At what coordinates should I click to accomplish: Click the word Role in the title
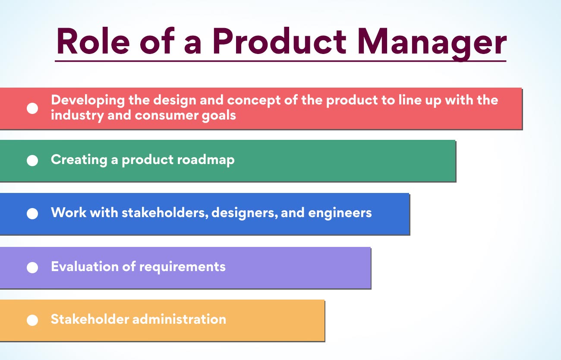(x=93, y=41)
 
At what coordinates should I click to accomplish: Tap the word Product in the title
(x=280, y=41)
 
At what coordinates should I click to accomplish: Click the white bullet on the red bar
(x=32, y=108)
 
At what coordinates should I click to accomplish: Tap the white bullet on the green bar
(x=32, y=160)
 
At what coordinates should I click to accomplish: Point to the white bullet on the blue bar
(x=32, y=213)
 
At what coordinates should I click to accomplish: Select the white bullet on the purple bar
(x=32, y=267)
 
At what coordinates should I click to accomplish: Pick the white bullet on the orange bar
(x=32, y=320)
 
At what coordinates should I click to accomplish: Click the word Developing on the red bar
(x=88, y=101)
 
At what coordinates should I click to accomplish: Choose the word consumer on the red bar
(x=166, y=116)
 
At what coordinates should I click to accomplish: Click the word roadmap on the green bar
(x=205, y=160)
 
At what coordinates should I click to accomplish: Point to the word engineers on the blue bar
(x=340, y=213)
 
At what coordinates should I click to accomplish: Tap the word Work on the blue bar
(x=69, y=212)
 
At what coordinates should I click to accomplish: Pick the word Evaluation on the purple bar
(x=85, y=266)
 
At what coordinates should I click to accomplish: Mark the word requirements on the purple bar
(x=182, y=267)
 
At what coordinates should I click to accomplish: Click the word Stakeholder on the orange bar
(x=90, y=319)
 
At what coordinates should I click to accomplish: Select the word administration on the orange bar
(x=179, y=319)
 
